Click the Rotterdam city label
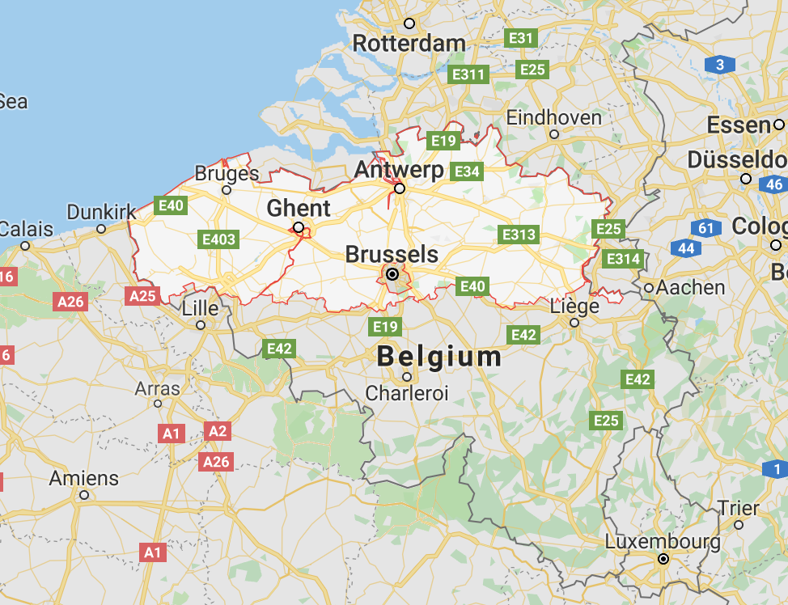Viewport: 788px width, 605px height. point(409,43)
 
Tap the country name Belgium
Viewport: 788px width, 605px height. point(439,357)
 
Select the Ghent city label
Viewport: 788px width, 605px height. point(299,208)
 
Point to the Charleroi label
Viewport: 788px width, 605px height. point(407,393)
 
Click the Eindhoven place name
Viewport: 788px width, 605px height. point(554,118)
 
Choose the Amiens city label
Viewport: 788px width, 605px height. point(83,478)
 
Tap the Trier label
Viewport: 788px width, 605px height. point(739,509)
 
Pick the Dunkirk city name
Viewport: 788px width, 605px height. point(102,212)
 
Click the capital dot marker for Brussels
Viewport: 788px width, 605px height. point(392,275)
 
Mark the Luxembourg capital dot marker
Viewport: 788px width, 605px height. point(663,558)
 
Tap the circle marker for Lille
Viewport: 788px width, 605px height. point(201,325)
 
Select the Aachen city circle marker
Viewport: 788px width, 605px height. point(649,287)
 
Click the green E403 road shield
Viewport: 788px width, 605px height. point(218,239)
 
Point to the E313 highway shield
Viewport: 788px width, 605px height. point(519,235)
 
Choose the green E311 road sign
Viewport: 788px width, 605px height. point(468,74)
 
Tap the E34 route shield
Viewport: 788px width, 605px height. point(467,171)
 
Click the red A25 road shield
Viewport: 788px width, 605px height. point(142,295)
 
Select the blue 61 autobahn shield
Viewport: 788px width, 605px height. point(706,228)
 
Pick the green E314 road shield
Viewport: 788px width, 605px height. point(623,259)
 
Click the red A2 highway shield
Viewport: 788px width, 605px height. point(218,431)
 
